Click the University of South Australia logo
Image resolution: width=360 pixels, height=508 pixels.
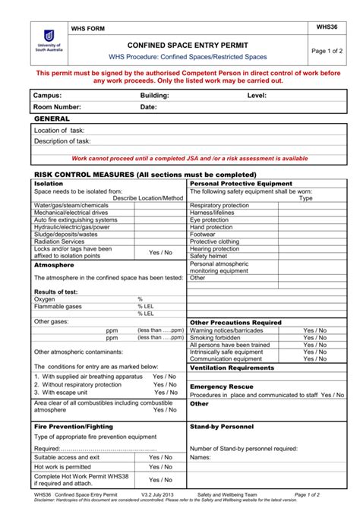pos(49,43)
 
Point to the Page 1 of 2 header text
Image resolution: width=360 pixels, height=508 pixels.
pos(328,50)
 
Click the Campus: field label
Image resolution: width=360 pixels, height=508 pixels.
pos(47,96)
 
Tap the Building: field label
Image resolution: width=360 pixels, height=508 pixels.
pos(154,96)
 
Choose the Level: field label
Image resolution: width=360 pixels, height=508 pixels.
pos(257,96)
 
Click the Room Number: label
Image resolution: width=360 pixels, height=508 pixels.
pos(57,107)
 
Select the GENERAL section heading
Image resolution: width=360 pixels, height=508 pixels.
pos(52,119)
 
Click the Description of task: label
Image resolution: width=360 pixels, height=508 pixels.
pos(62,141)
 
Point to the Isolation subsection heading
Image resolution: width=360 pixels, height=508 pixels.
pos(49,184)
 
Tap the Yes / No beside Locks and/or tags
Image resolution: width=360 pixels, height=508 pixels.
pos(160,252)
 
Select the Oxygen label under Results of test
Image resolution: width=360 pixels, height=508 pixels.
pos(45,299)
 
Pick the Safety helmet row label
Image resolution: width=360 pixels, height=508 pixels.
pos(209,256)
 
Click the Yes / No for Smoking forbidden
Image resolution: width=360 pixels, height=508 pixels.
pos(314,338)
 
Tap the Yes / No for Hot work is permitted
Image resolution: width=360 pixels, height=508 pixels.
pos(160,467)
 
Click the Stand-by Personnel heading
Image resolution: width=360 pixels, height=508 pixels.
pos(222,427)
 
